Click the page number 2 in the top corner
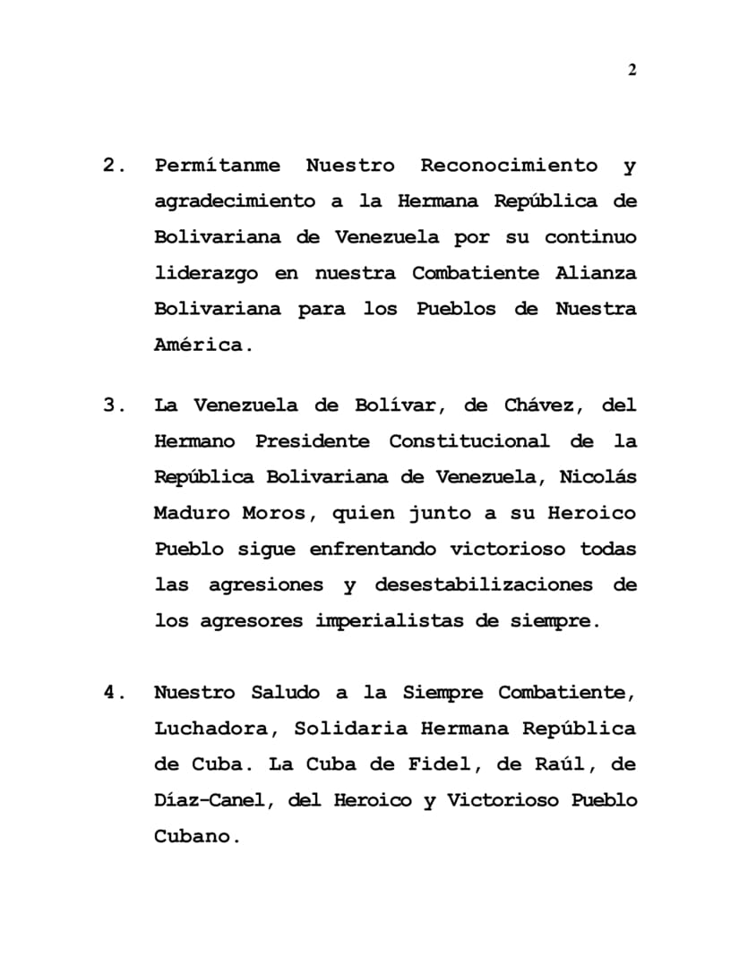point(632,71)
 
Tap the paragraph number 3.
point(111,405)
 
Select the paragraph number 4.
point(111,692)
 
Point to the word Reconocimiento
point(509,166)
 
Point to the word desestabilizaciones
point(484,585)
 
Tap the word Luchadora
point(211,728)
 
